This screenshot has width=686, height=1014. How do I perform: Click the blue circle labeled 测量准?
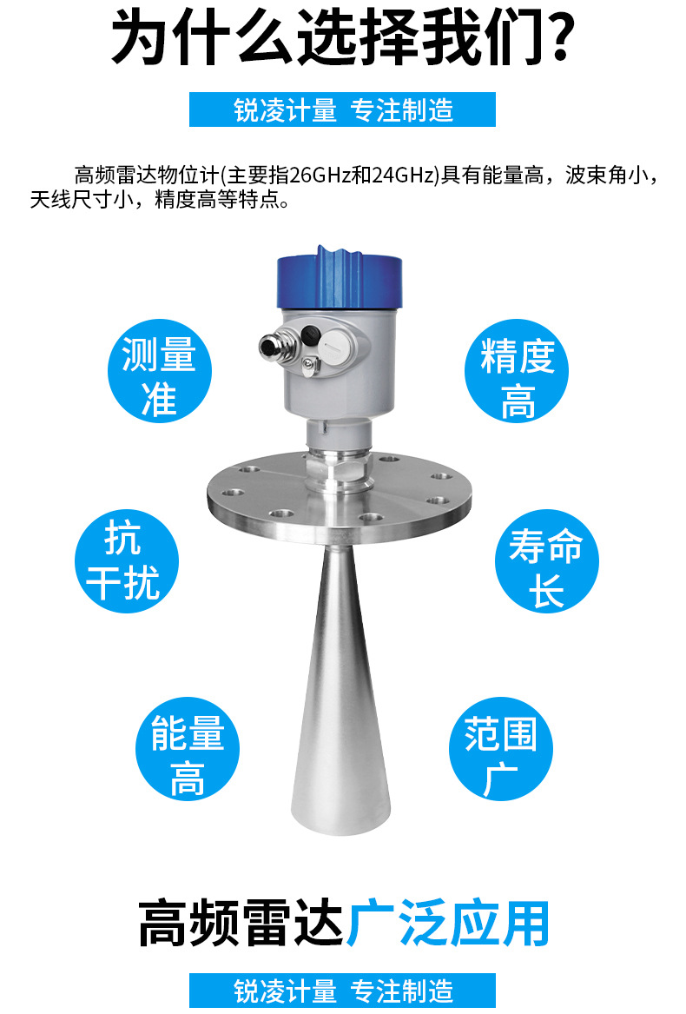coord(159,371)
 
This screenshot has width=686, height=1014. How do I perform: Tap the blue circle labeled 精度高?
coord(517,371)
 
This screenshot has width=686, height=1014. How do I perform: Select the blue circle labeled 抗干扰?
coord(126,561)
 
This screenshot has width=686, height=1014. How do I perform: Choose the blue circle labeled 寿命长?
coord(546,561)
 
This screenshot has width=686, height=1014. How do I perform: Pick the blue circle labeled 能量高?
coord(188,749)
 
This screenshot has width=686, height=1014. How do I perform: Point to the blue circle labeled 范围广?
coord(501,749)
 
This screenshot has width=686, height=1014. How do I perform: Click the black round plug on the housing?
coord(312,335)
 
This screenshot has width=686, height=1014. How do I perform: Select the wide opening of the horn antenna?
coord(340,820)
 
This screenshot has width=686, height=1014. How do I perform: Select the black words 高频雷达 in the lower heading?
coord(241,923)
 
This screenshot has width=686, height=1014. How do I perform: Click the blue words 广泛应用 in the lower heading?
coord(447,923)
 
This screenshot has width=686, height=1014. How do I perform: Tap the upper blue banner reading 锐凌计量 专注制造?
coord(342,109)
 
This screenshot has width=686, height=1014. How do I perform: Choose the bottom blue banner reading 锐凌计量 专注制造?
coord(342,990)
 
